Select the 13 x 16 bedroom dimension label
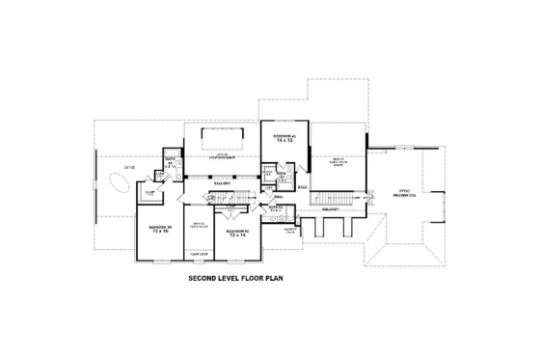click(159, 232)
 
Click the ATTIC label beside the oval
click(128, 169)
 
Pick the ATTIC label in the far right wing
click(406, 194)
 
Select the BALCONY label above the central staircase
click(221, 182)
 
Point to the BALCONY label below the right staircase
click(332, 207)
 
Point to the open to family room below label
click(338, 161)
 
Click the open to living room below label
click(221, 155)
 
